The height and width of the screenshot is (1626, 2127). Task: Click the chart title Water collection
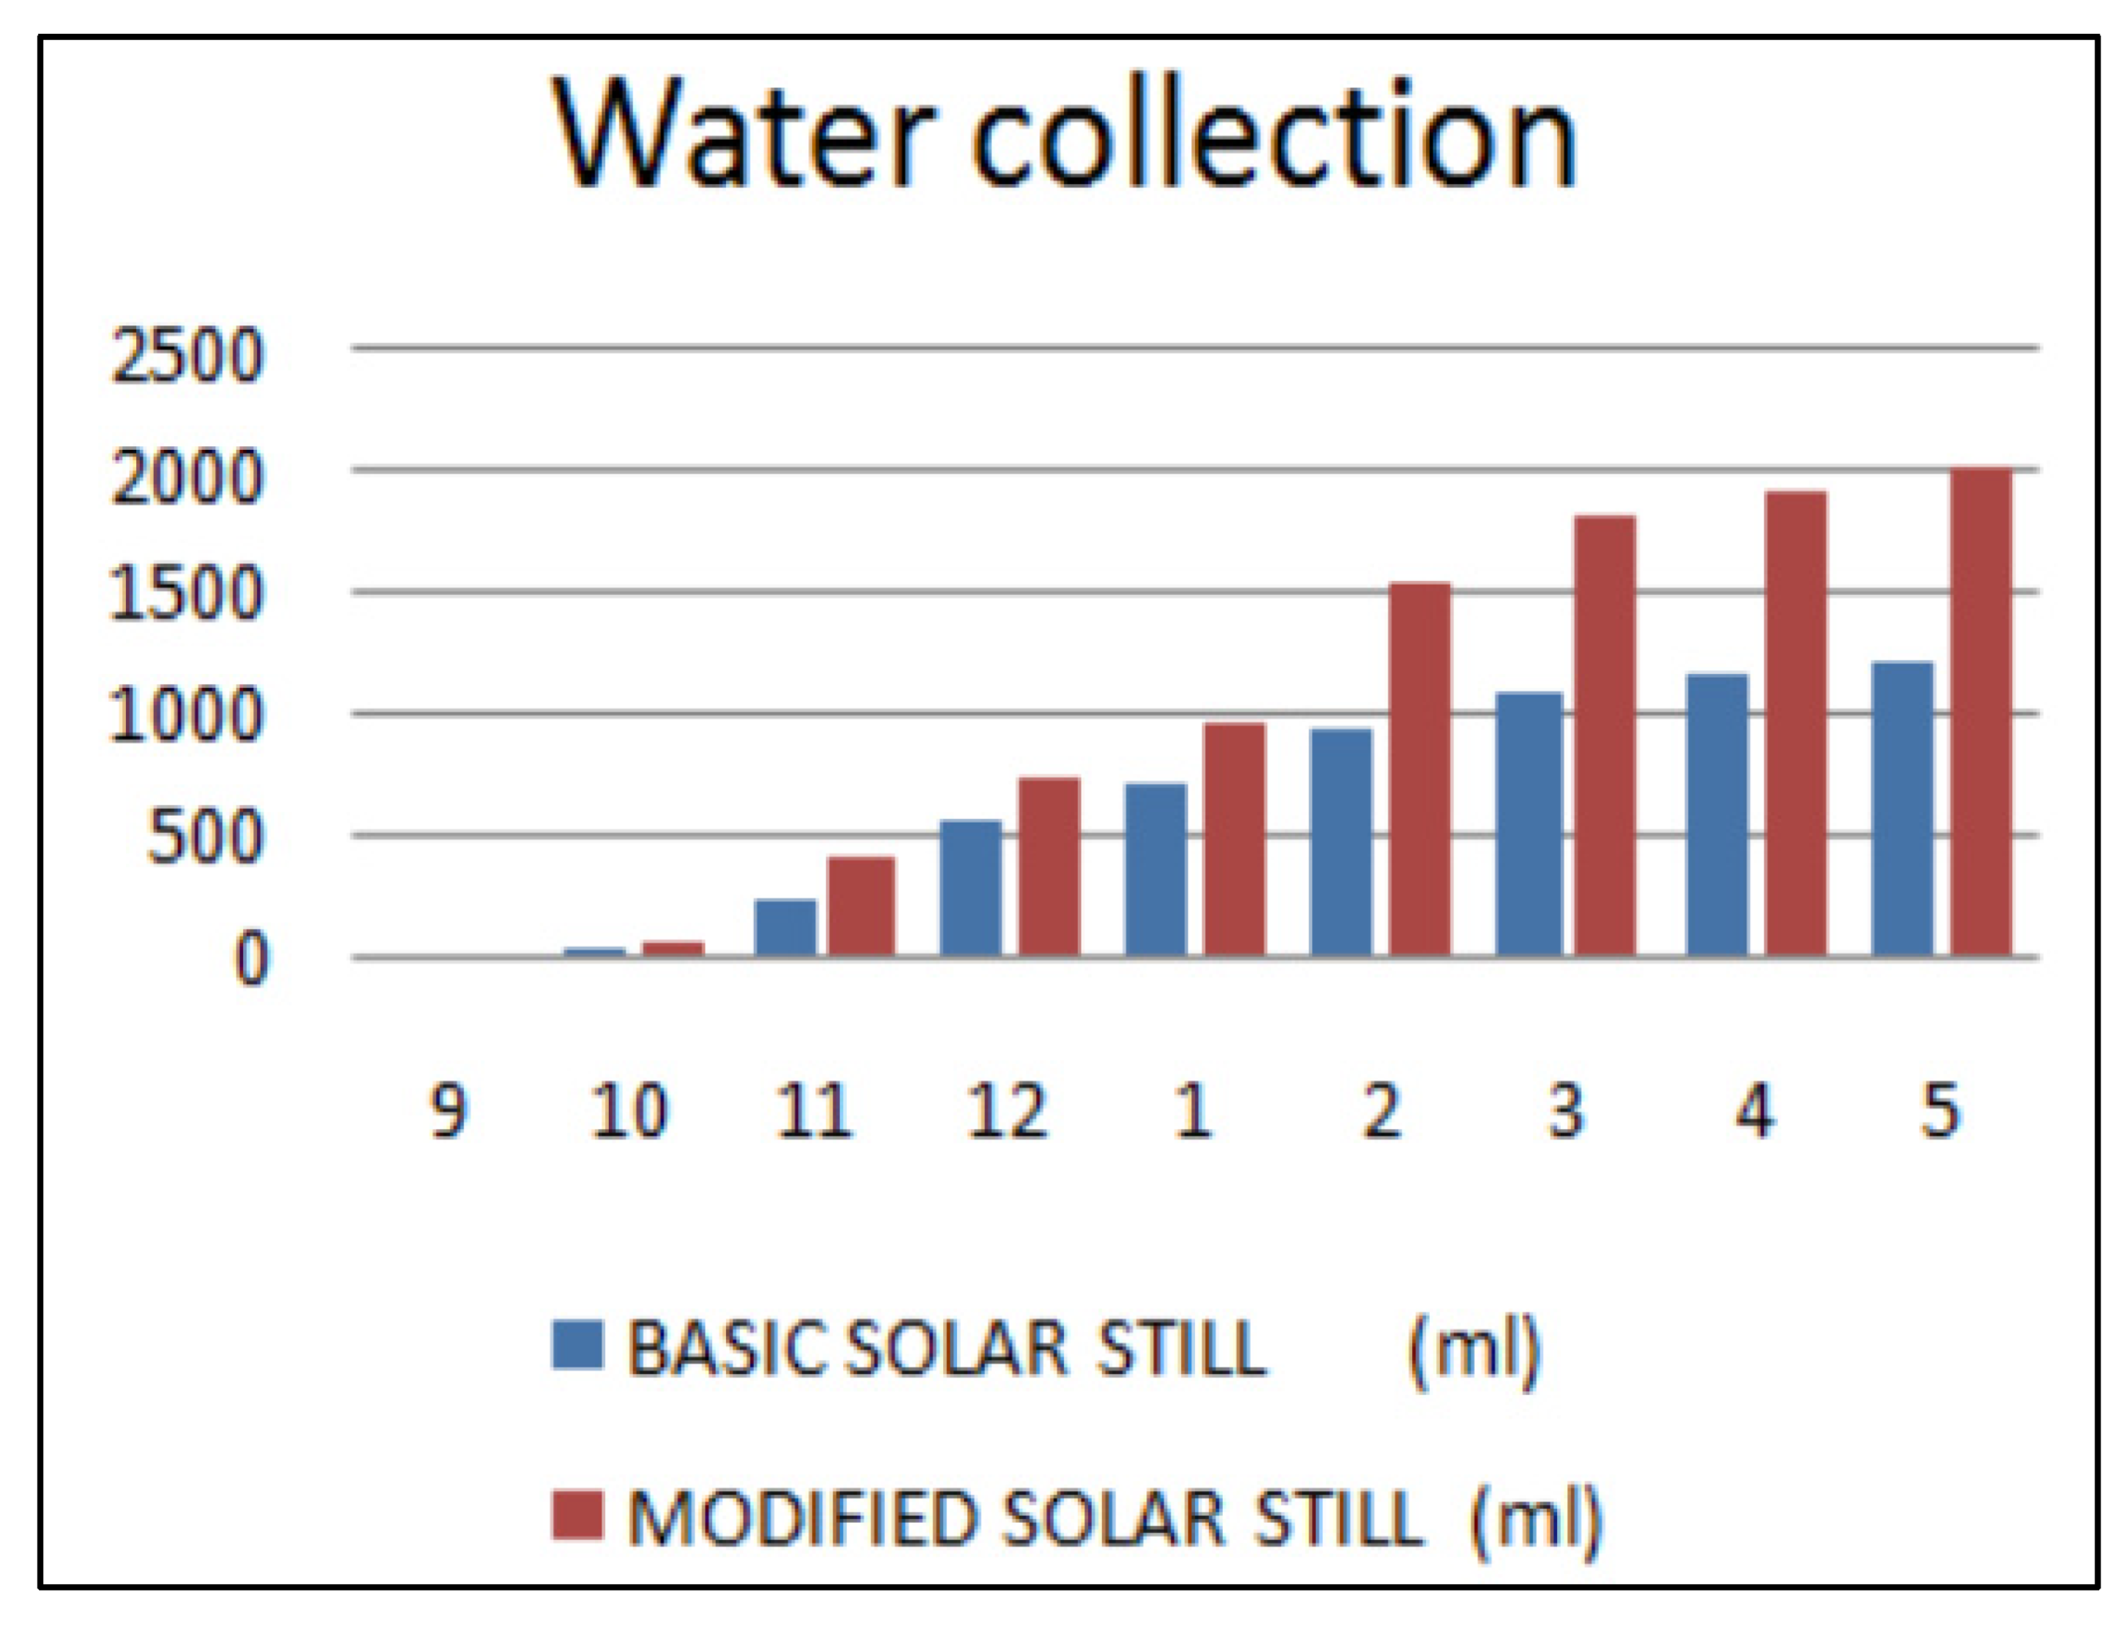1065,135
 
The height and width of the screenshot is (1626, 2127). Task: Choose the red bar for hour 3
1604,736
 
